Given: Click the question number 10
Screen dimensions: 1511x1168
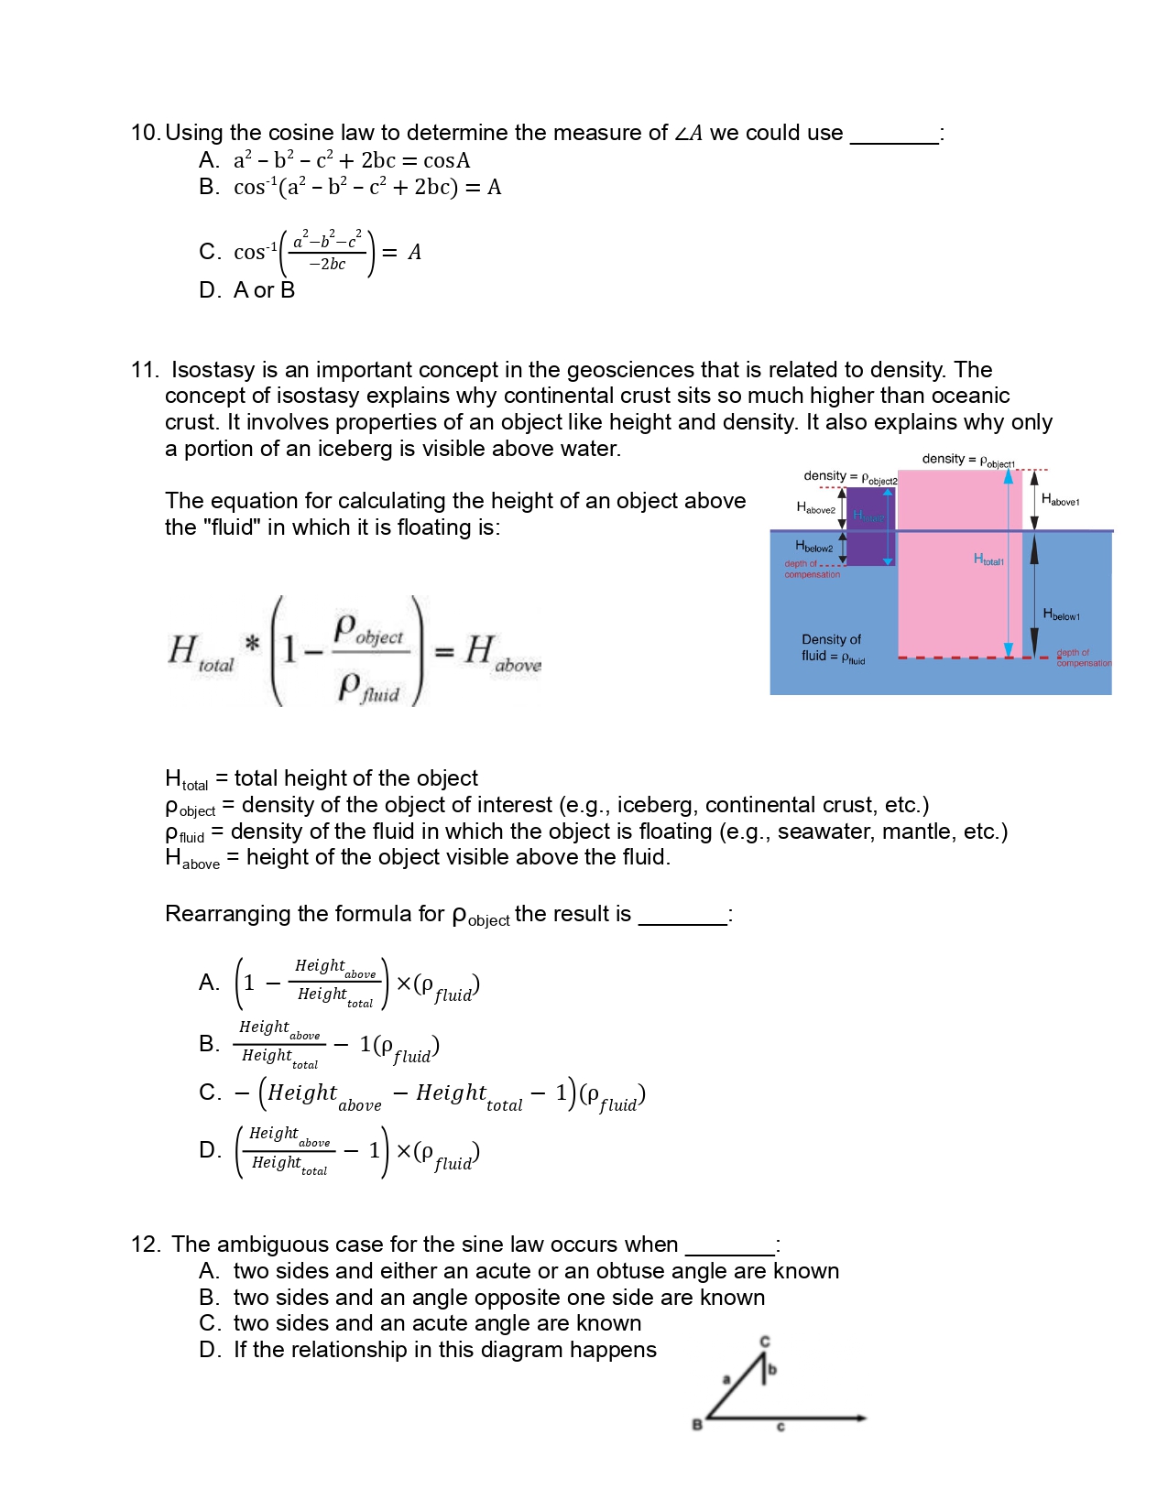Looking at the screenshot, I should coord(145,133).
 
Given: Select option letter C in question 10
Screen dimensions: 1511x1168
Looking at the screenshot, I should coord(209,252).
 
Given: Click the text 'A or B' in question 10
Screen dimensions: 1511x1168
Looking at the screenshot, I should coord(264,290).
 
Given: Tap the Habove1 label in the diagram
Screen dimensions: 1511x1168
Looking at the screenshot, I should coord(1060,500).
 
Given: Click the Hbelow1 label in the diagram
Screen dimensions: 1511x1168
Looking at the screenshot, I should coord(1061,614).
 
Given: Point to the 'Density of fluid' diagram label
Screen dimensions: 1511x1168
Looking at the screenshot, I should coord(832,647).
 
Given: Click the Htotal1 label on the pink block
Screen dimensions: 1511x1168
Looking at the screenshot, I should coord(988,560).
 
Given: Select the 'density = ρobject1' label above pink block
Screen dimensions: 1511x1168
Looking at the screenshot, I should coord(967,460).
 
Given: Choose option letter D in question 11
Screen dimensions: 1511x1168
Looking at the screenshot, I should coord(209,1150).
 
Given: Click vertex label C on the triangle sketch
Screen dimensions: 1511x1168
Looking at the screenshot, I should coord(765,1342).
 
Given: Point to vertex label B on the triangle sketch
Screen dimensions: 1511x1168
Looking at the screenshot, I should coord(697,1424).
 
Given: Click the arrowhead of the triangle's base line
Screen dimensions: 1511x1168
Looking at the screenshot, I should coord(861,1418).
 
